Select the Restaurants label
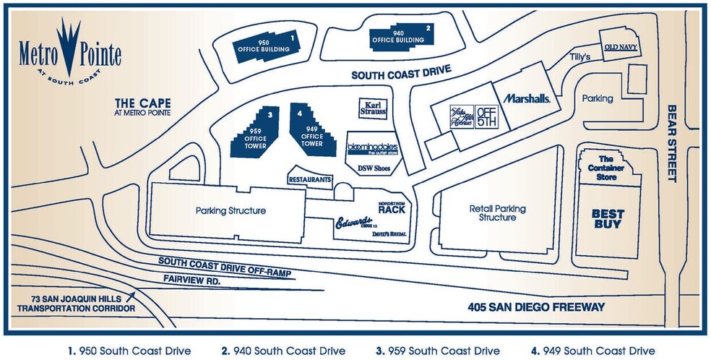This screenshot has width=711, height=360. (x=310, y=178)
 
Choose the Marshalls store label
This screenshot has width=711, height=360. (x=528, y=98)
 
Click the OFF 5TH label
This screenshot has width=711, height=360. (x=486, y=116)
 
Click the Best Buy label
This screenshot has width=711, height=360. (x=608, y=218)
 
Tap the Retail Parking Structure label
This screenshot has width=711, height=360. (x=497, y=213)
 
